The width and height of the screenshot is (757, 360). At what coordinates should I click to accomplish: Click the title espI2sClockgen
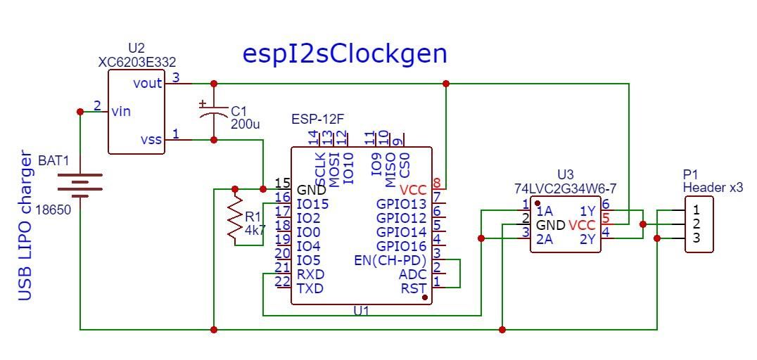click(x=345, y=54)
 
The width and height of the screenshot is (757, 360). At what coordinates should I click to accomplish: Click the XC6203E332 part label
click(x=136, y=62)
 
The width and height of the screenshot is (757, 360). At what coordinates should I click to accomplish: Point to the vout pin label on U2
click(x=148, y=83)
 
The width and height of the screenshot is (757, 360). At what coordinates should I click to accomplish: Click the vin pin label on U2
click(x=120, y=111)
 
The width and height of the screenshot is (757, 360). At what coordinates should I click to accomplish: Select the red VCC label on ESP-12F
click(x=412, y=190)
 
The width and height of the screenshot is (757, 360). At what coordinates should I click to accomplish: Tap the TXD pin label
click(x=310, y=288)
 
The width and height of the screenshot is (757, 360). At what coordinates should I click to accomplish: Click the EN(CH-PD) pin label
click(x=390, y=260)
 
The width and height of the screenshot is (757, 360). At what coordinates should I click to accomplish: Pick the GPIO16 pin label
click(x=401, y=246)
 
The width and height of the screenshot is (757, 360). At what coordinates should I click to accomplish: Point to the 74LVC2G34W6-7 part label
click(x=566, y=188)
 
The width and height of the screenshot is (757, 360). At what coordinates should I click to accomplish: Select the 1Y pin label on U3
click(x=587, y=211)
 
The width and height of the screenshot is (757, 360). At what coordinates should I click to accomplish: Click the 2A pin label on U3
click(x=544, y=239)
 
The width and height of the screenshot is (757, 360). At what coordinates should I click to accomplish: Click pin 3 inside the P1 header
click(x=696, y=238)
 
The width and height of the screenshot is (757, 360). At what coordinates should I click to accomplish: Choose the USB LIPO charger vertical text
click(x=26, y=225)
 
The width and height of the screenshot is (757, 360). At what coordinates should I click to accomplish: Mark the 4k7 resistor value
click(x=255, y=229)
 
